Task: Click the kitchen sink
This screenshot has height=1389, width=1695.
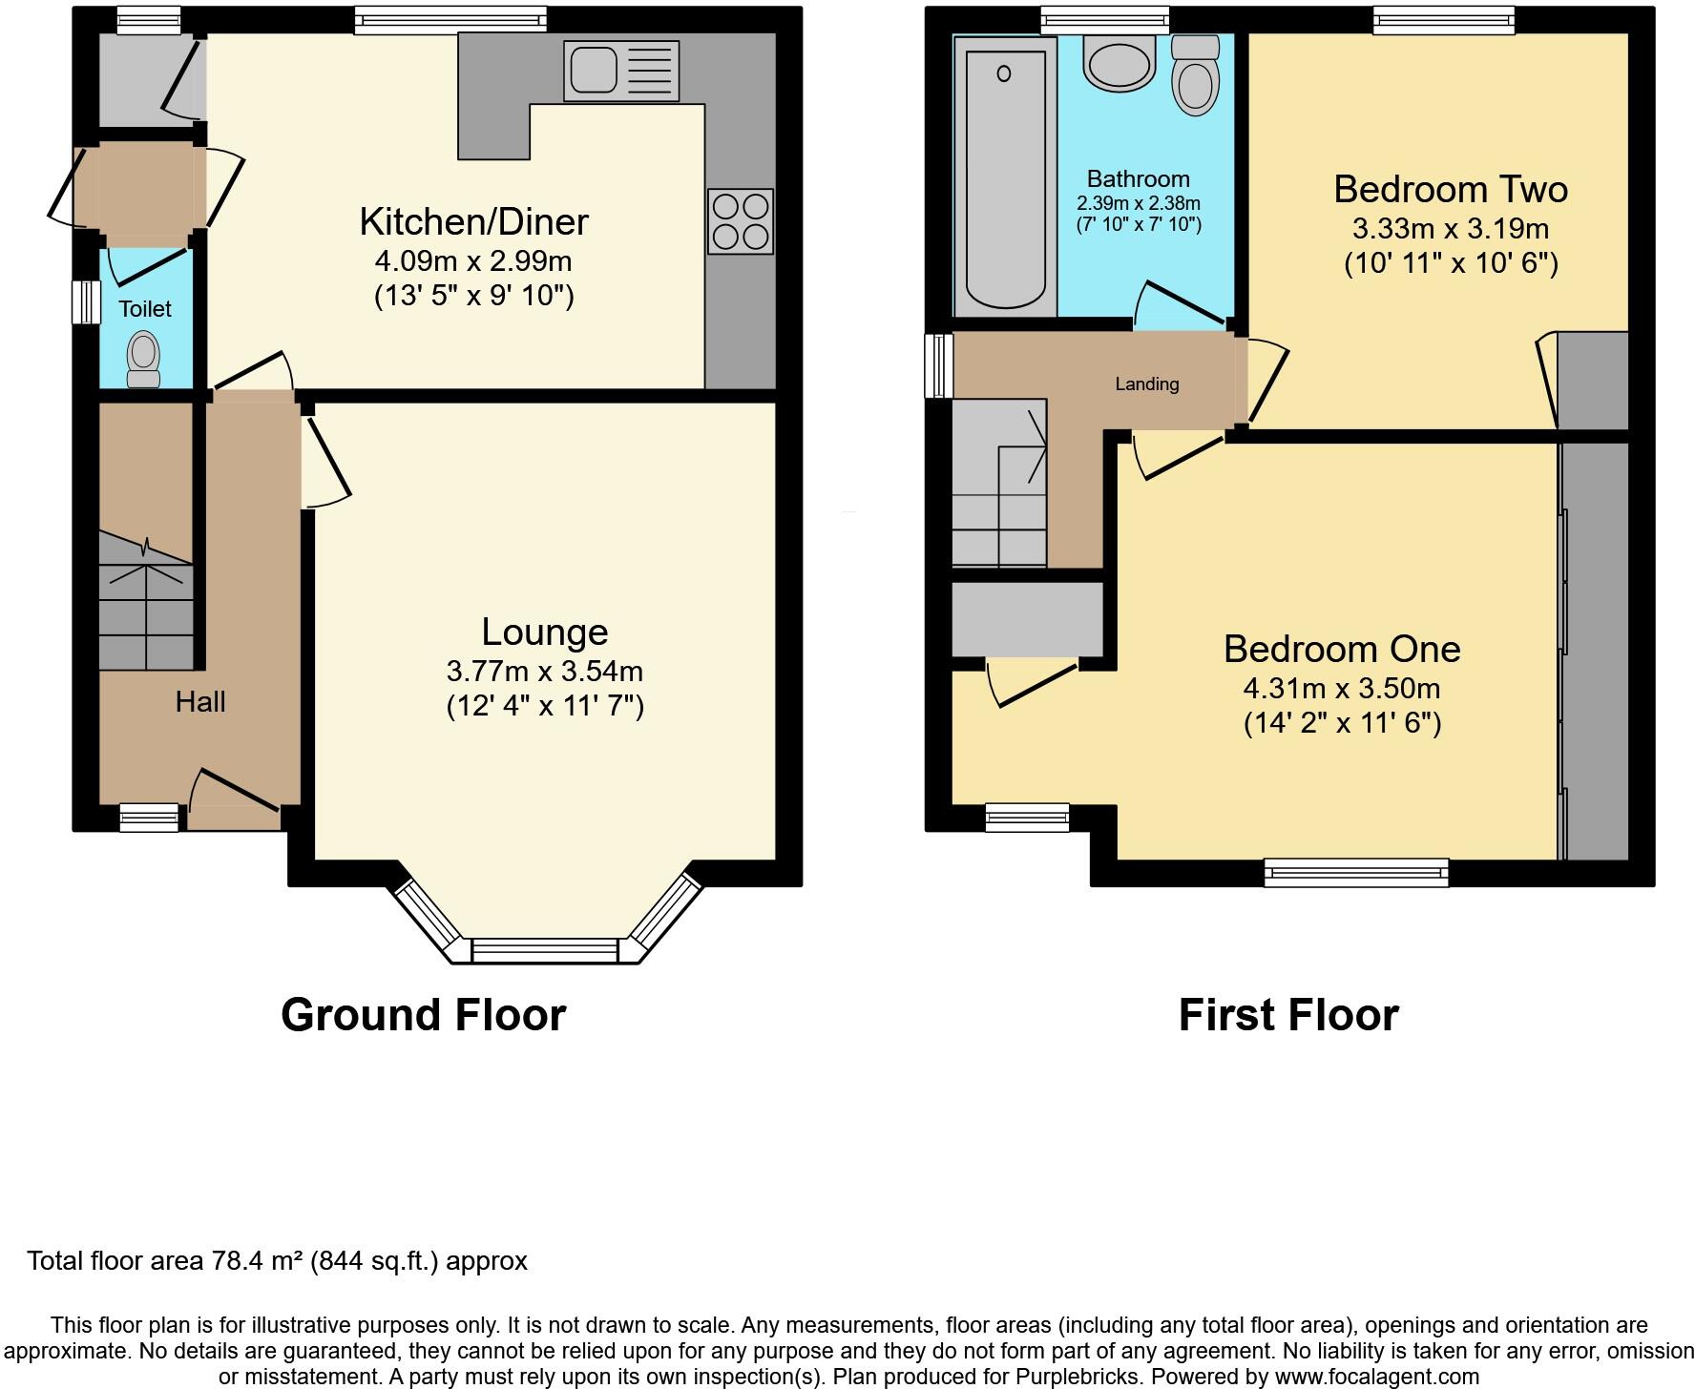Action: pos(620,71)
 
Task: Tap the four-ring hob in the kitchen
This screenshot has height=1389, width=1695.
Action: pos(741,221)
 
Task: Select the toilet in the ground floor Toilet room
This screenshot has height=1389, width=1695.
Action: pos(144,359)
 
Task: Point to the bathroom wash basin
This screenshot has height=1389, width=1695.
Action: pos(1119,65)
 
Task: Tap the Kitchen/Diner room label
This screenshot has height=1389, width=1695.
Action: pos(473,221)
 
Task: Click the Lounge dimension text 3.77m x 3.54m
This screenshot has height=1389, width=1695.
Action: pos(545,671)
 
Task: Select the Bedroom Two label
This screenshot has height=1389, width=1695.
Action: pos(1450,189)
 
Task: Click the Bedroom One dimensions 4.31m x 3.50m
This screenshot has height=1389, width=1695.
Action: pos(1341,688)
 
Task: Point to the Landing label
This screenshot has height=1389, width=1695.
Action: pos(1147,384)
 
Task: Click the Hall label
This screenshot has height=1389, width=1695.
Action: pos(200,702)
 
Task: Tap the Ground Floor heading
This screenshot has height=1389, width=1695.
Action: pos(423,1014)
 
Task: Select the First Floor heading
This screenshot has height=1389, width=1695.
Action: pos(1287,1014)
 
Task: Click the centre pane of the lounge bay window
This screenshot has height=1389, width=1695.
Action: pos(545,950)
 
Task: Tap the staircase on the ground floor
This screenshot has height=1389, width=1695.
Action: pos(146,601)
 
